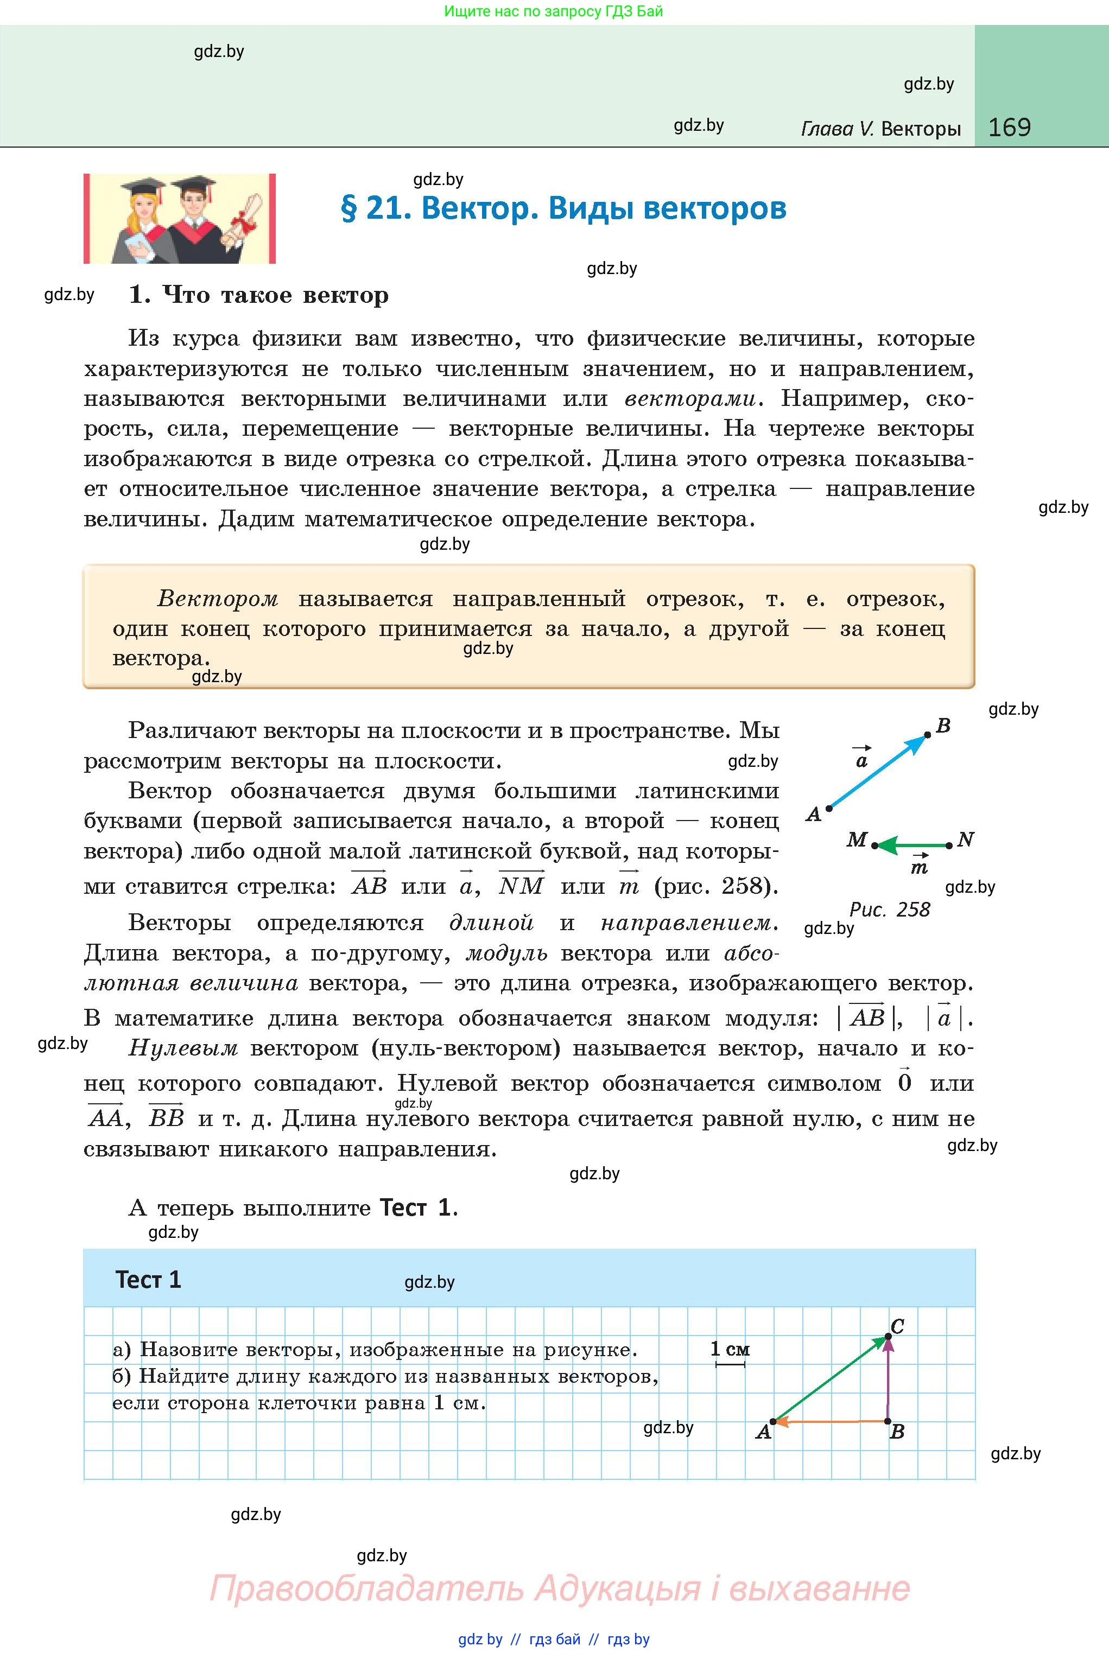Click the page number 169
tap(1009, 128)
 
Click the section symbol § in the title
tap(348, 208)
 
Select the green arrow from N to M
tap(912, 845)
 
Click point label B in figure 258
tap(943, 726)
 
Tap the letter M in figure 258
tap(857, 840)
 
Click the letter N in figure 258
tap(966, 840)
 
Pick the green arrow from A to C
tap(831, 1379)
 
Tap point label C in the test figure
tap(897, 1326)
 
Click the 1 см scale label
tap(730, 1349)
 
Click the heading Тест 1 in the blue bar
tap(149, 1280)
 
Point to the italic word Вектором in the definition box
tap(218, 599)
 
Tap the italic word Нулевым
tap(183, 1048)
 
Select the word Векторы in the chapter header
tap(921, 129)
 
